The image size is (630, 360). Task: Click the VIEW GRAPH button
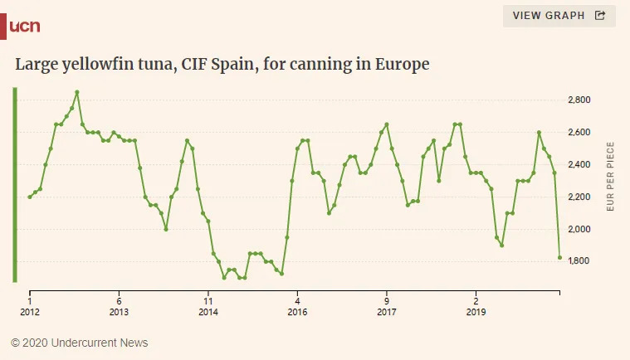[x=559, y=16]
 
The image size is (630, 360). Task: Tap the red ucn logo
[x=24, y=27]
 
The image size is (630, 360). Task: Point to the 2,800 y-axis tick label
[x=578, y=100]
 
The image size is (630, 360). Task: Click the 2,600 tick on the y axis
[x=578, y=133]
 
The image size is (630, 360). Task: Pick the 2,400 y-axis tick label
[x=578, y=165]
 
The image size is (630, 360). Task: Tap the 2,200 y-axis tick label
[x=578, y=197]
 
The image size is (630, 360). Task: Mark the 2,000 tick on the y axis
[x=578, y=230]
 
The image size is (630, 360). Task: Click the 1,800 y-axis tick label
[x=578, y=262]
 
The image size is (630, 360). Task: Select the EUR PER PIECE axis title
[x=611, y=176]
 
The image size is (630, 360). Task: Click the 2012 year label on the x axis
[x=30, y=313]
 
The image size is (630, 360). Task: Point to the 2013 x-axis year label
[x=119, y=313]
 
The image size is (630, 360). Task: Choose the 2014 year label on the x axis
[x=208, y=313]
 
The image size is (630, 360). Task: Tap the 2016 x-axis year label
[x=297, y=313]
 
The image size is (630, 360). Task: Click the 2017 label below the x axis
[x=387, y=313]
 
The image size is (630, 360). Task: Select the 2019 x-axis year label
[x=476, y=313]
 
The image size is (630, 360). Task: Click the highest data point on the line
[x=77, y=92]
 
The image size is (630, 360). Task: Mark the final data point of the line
[x=559, y=258]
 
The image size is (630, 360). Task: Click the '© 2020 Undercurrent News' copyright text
[x=79, y=343]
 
